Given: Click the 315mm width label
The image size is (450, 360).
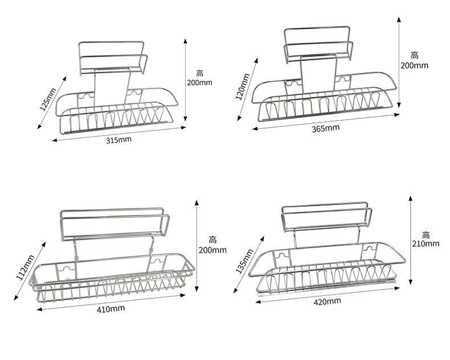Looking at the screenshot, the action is [x=119, y=140].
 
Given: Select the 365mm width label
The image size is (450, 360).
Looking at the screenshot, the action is [x=326, y=128].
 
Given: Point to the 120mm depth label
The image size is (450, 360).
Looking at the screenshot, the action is [x=242, y=85].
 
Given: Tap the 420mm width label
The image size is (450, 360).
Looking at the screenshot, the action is [x=328, y=301].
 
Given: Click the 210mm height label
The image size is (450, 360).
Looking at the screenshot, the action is [x=426, y=244].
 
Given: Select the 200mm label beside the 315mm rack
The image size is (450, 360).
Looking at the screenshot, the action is [x=199, y=83].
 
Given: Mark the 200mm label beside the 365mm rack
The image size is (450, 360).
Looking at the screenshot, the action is [x=414, y=66].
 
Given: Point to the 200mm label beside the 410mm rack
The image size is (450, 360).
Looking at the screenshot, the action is [x=212, y=249].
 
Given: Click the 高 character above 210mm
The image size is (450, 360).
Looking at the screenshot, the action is [x=426, y=234].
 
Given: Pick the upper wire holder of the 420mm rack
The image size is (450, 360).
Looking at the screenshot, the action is [x=325, y=219].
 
